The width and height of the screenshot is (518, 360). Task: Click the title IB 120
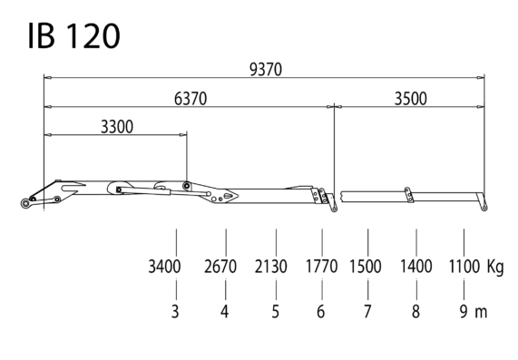pos(73,35)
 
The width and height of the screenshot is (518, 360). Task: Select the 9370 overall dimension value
pos(266,70)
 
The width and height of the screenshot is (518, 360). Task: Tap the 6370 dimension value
pos(191,99)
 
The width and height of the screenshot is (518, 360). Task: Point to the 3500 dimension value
pos(411,99)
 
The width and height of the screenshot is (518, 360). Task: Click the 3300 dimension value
pos(117,126)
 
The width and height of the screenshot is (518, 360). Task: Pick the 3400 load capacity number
pos(164,267)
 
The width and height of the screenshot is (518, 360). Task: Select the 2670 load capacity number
pos(220,267)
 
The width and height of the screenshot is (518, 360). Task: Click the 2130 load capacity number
pos(271,267)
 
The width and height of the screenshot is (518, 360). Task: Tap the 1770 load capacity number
pos(321,267)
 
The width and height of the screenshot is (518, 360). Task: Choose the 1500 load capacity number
pos(366,267)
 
